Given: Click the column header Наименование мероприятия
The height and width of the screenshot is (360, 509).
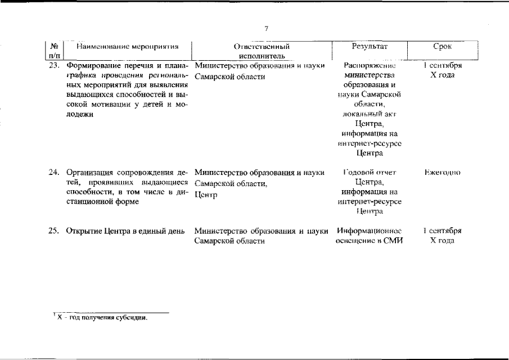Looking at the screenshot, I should pyautogui.click(x=128, y=46).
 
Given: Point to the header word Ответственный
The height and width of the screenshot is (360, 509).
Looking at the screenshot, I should pyautogui.click(x=264, y=46).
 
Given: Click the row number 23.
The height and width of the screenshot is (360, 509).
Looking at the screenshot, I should pyautogui.click(x=53, y=66).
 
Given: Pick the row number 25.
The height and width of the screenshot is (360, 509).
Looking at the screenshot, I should pyautogui.click(x=53, y=231).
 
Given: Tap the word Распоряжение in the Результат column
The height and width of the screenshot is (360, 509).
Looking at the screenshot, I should pyautogui.click(x=369, y=66).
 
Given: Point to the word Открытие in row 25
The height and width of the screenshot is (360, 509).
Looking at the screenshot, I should pyautogui.click(x=82, y=231).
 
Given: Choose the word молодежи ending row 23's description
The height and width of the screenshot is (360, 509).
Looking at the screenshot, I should pyautogui.click(x=80, y=114).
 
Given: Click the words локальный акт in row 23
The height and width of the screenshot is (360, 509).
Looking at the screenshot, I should pyautogui.click(x=369, y=114).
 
